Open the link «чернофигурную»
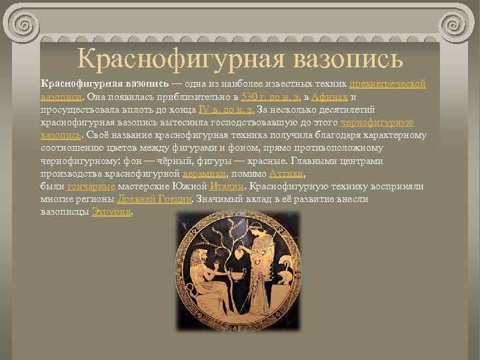point(377,122)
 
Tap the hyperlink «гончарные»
point(91,186)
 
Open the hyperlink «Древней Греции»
point(155,199)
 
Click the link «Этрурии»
point(111,212)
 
